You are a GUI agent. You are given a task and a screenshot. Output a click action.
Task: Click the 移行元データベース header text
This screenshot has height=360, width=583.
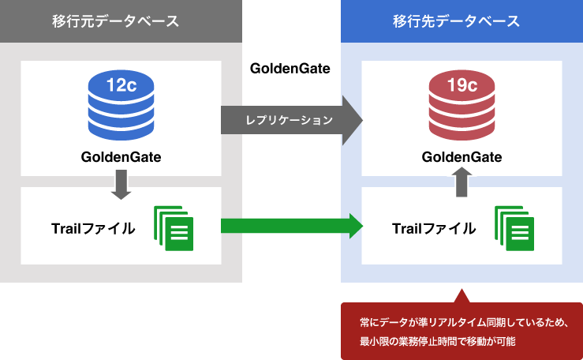click(121, 21)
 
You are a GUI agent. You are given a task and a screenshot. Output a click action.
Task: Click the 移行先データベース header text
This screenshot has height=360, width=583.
click(462, 21)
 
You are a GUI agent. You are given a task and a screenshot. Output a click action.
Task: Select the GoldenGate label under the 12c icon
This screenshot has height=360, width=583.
click(121, 156)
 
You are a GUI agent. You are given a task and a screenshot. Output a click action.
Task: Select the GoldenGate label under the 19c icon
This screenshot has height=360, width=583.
click(462, 156)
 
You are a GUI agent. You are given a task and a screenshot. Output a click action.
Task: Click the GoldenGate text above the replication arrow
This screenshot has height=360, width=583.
click(290, 68)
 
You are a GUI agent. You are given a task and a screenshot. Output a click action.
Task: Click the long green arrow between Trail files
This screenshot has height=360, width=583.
click(290, 227)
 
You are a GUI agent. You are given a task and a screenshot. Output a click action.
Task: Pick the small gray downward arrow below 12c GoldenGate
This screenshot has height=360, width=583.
click(121, 186)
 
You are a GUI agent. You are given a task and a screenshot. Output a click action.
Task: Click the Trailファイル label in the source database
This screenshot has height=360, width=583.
click(93, 229)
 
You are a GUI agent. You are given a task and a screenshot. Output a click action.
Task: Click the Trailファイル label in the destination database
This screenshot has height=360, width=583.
click(434, 229)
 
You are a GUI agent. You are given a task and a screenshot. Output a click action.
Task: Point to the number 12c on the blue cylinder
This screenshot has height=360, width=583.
click(121, 85)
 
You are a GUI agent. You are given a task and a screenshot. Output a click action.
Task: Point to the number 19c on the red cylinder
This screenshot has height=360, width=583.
click(462, 85)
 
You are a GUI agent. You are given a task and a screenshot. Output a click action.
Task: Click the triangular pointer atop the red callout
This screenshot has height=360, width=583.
click(462, 296)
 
